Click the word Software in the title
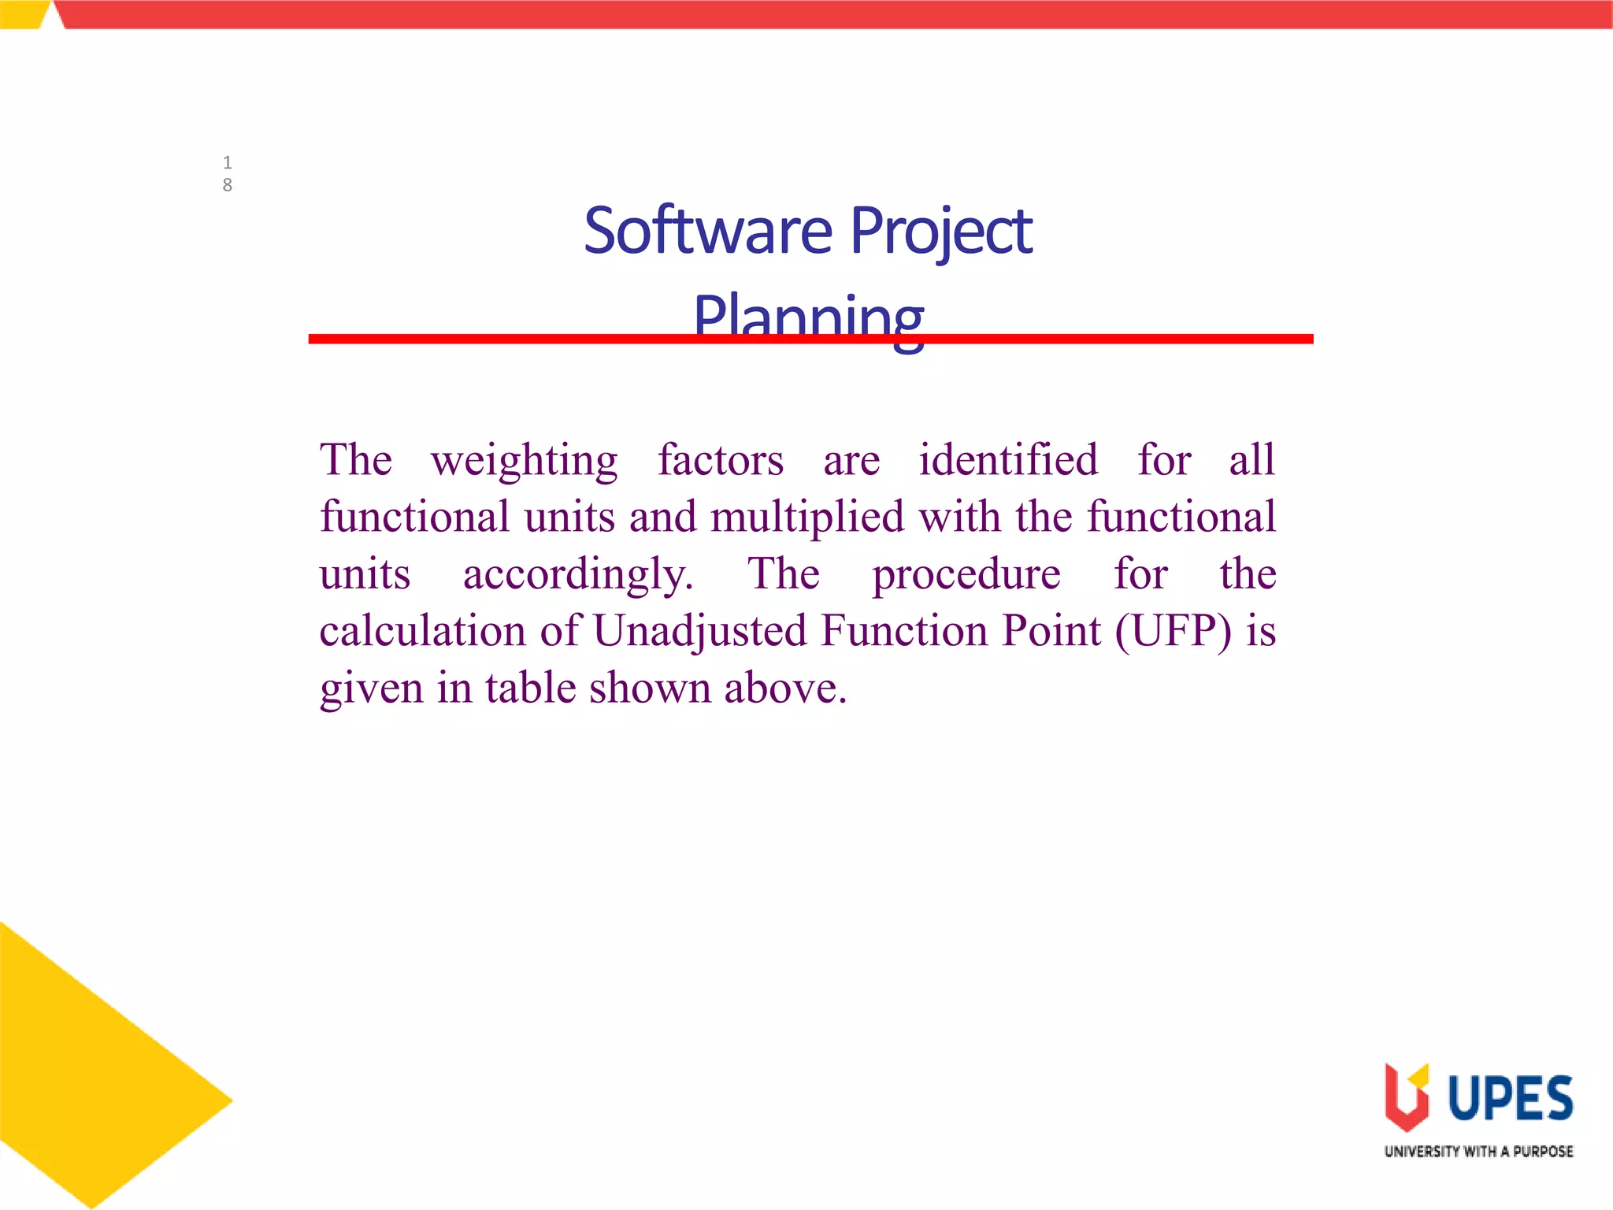pyautogui.click(x=707, y=231)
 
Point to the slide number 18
pyautogui.click(x=227, y=173)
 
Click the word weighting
pyautogui.click(x=524, y=461)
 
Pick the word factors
pyautogui.click(x=721, y=460)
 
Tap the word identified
pyautogui.click(x=1008, y=460)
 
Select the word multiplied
pyautogui.click(x=807, y=518)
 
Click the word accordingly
pyautogui.click(x=578, y=575)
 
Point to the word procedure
pyautogui.click(x=966, y=575)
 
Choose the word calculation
pyautogui.click(x=423, y=632)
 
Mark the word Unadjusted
pyautogui.click(x=700, y=632)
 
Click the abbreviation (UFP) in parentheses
pyautogui.click(x=1173, y=632)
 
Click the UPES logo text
pyautogui.click(x=1510, y=1098)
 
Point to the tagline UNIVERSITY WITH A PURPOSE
pyautogui.click(x=1478, y=1152)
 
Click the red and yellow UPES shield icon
pyautogui.click(x=1406, y=1097)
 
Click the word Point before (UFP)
pyautogui.click(x=1051, y=632)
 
